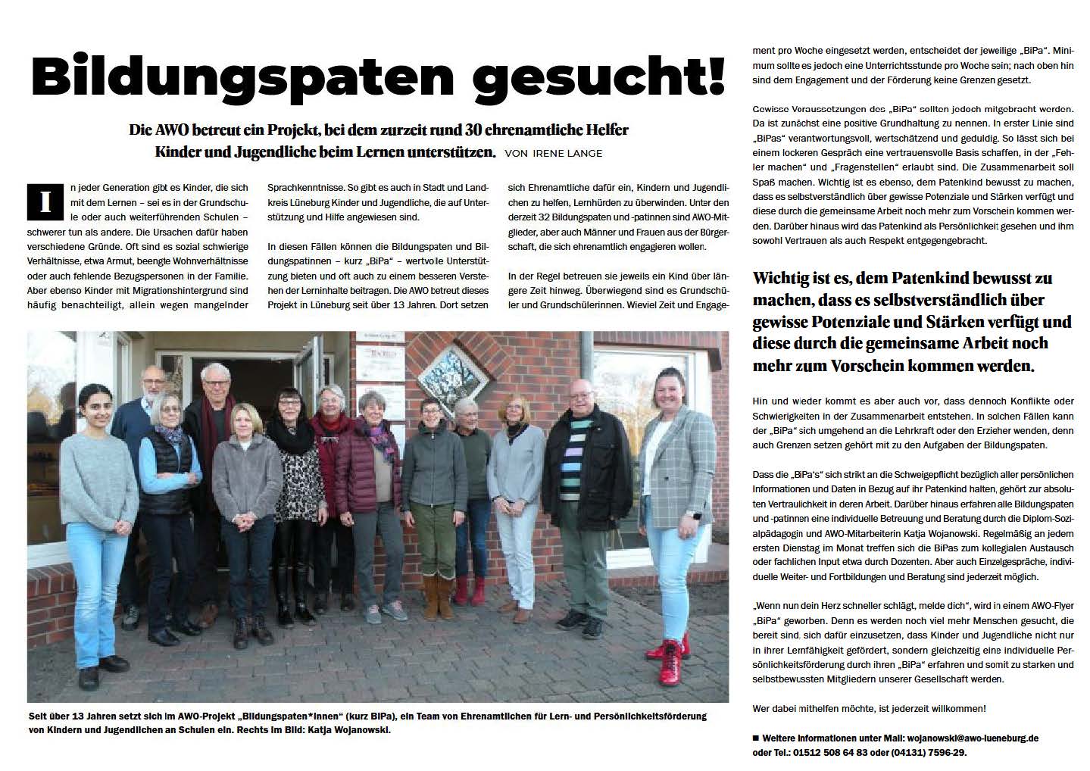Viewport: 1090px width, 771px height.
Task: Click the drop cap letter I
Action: (45, 202)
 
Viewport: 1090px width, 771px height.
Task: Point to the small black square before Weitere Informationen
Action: (756, 738)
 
